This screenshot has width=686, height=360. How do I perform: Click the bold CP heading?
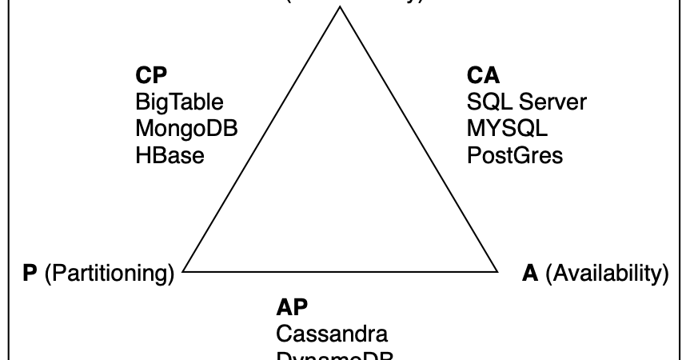pos(151,76)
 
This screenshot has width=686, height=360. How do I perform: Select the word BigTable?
pos(179,102)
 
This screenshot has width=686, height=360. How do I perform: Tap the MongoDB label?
pos(187,129)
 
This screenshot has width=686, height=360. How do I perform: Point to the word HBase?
pos(170,155)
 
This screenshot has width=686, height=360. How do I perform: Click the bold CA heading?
pos(483,76)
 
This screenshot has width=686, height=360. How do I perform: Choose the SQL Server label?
pos(526,102)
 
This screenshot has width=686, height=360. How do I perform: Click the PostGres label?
pos(515,155)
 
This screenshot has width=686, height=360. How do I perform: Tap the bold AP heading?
pos(293,307)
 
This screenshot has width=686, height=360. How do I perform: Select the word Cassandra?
pos(332,334)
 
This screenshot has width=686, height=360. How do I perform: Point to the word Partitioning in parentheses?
pos(109,274)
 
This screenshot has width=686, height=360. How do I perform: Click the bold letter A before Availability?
pos(530,274)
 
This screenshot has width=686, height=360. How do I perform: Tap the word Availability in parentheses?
pos(607,274)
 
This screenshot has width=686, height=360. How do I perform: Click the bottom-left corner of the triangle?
pos(184,272)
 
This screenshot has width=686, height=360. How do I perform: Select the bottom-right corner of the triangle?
pos(497,272)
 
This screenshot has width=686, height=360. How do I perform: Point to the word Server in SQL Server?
pos(552,102)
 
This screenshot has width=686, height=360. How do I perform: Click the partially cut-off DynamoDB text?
pos(336,355)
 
